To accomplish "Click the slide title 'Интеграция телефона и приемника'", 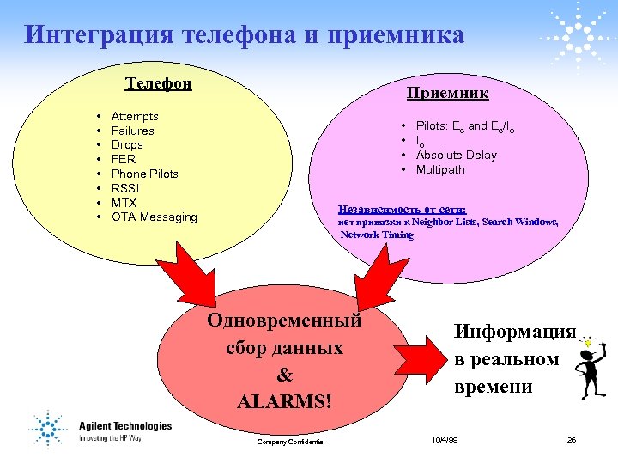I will (244, 35).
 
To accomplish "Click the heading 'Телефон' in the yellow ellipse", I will (159, 83).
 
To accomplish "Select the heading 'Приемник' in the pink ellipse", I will (447, 92).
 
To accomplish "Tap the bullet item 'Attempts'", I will (135, 116).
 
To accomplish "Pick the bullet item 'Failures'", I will (133, 131).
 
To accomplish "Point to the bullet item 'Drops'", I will (127, 145).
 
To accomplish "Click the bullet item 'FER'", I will (124, 159).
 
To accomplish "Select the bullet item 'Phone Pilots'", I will (145, 174).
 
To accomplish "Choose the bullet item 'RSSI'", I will (125, 188).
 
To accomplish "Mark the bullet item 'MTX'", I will (124, 203).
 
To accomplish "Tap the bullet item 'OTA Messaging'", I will (154, 217).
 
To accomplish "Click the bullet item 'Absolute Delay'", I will (456, 156).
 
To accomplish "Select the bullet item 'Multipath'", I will (440, 170).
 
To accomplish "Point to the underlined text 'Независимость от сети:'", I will (403, 209).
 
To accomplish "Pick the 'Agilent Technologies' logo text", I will (125, 426).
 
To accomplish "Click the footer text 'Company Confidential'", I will (291, 442).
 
